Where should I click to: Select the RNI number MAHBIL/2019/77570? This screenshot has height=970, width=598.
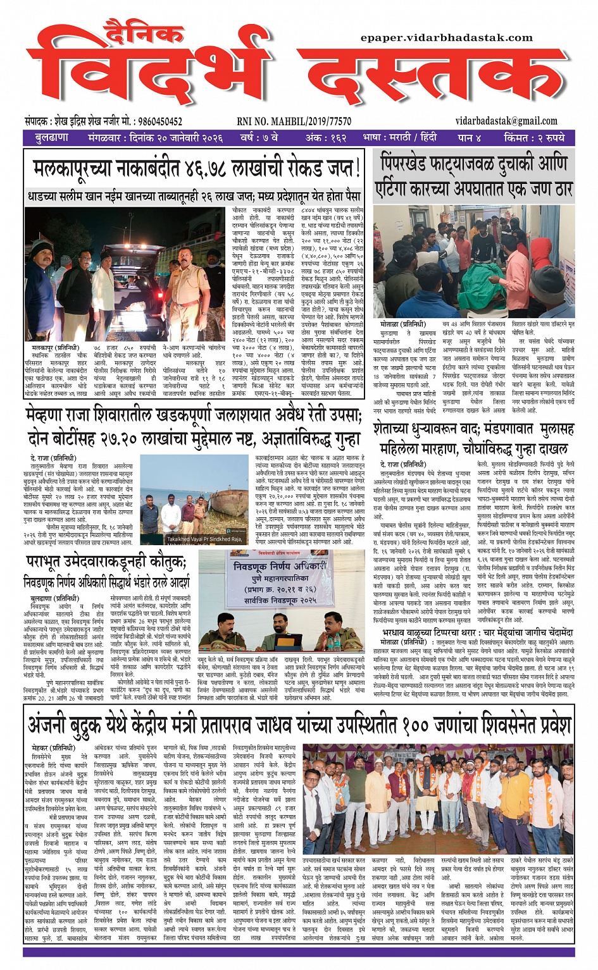(x=294, y=121)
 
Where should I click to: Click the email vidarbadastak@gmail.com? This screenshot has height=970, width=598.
(x=506, y=121)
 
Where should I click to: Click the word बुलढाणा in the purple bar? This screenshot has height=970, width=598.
(x=52, y=138)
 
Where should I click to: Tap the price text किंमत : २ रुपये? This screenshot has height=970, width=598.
(x=534, y=138)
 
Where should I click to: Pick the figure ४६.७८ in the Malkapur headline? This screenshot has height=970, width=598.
(x=207, y=169)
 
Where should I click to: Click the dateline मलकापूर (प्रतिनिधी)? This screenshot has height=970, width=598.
(x=55, y=348)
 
